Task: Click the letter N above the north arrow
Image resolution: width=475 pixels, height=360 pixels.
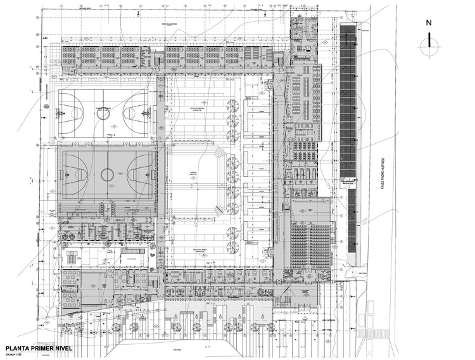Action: (x=429, y=23)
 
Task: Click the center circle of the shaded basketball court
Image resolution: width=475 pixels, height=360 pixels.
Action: (x=106, y=172)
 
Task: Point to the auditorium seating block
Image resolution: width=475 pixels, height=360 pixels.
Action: (x=311, y=244)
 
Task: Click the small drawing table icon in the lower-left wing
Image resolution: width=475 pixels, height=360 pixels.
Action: (x=72, y=257)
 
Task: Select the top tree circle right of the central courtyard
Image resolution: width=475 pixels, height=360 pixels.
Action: (x=232, y=105)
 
